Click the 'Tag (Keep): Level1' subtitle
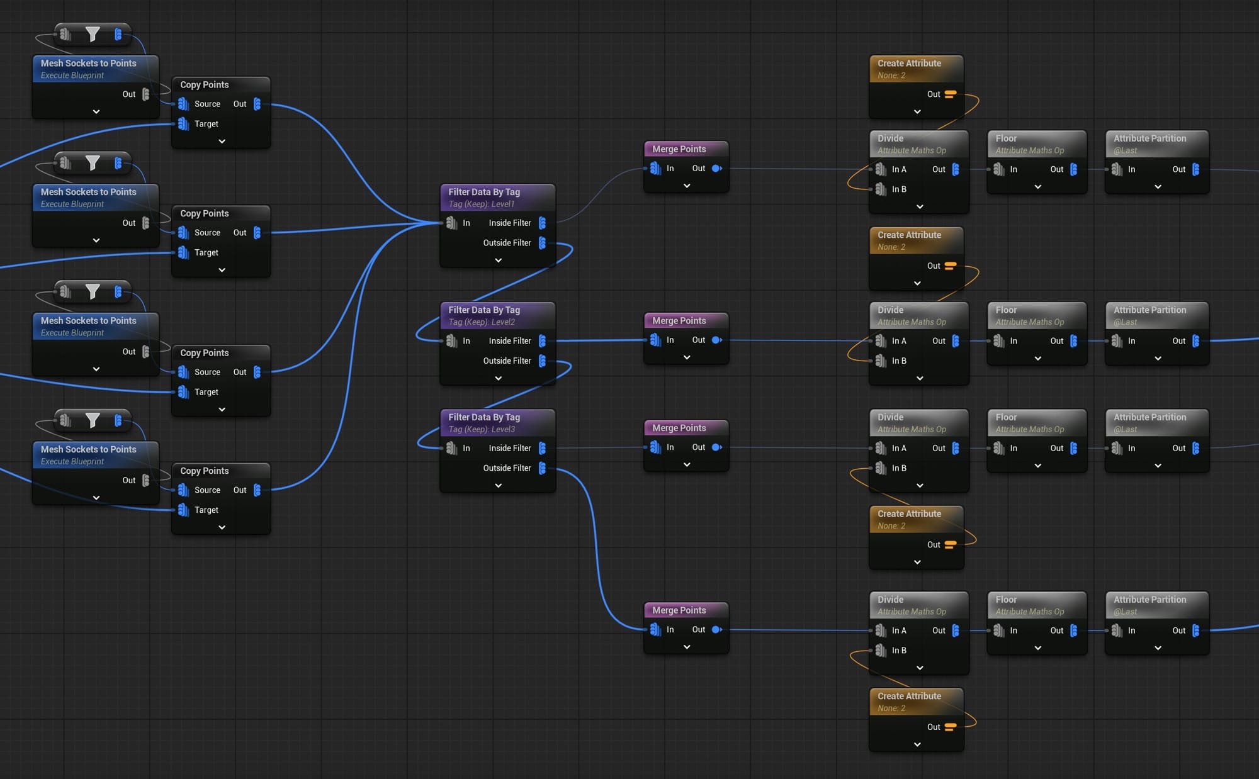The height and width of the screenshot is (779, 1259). click(482, 204)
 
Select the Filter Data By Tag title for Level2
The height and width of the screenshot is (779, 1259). click(484, 310)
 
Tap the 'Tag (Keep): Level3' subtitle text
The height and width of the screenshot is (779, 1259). click(482, 429)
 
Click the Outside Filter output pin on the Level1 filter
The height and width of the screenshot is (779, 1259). click(542, 243)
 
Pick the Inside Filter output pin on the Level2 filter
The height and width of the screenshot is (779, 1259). click(542, 341)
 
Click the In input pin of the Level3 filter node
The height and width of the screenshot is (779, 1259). click(451, 448)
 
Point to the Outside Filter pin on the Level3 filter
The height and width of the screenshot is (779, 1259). click(542, 468)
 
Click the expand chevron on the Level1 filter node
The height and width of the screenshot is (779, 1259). click(498, 261)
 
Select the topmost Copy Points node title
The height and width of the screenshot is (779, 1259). click(205, 84)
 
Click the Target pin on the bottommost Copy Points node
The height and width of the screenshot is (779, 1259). click(183, 510)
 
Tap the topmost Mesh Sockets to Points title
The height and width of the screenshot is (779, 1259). click(89, 63)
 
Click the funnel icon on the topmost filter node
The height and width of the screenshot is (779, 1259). click(93, 34)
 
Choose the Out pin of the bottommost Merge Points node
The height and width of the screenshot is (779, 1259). click(716, 630)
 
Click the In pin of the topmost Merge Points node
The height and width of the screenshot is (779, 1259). click(655, 169)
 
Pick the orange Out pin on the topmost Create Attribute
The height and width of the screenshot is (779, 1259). click(951, 94)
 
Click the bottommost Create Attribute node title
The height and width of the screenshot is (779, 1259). click(909, 696)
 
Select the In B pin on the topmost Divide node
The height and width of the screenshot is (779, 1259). click(881, 189)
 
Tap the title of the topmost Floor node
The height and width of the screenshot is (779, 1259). click(1006, 138)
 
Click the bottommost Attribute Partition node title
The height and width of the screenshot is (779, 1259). click(1149, 600)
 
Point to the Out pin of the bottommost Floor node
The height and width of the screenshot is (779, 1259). click(1073, 630)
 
